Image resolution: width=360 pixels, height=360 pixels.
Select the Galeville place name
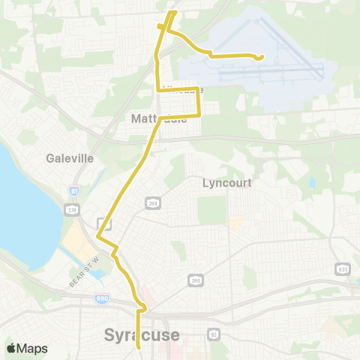(69, 158)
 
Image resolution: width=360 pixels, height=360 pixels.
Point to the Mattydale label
(157, 118)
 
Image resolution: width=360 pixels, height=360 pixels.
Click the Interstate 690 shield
(102, 298)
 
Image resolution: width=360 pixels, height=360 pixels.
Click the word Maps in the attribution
(33, 349)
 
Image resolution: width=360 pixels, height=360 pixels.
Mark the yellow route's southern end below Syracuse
(140, 347)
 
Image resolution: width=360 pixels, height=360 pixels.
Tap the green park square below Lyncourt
(211, 211)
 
